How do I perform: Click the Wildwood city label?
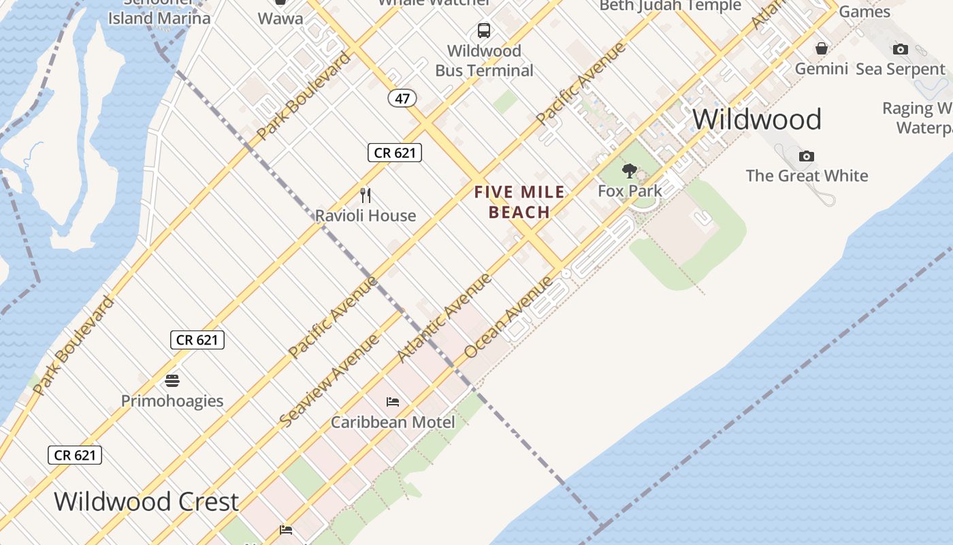756,120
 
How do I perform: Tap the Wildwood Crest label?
146,502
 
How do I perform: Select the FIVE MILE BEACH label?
519,202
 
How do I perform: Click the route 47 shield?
402,98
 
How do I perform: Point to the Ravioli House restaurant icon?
366,196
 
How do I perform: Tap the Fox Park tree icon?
630,171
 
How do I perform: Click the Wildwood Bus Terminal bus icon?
484,31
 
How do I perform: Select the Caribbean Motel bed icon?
393,402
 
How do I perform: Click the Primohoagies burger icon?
172,380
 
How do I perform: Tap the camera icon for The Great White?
807,157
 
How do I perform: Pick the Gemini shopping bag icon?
822,48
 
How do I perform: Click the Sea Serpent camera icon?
901,49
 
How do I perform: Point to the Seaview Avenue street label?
329,381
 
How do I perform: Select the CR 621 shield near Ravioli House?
395,153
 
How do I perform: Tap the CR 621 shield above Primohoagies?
197,339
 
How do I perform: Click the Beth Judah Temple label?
670,6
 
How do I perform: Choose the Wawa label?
280,18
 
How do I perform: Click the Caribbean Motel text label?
393,422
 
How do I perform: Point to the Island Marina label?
159,18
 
